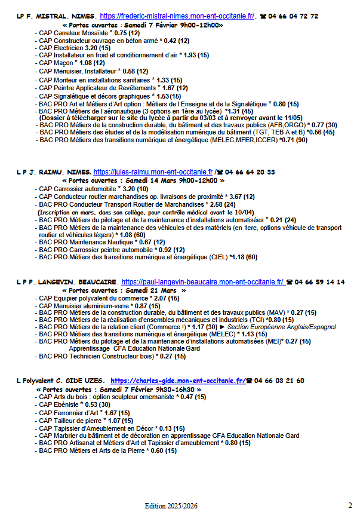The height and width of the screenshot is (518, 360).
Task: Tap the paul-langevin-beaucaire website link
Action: (202, 281)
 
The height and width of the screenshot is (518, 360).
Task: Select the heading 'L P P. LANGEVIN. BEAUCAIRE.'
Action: (67, 281)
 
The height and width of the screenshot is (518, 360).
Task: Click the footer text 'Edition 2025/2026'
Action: (171, 506)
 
